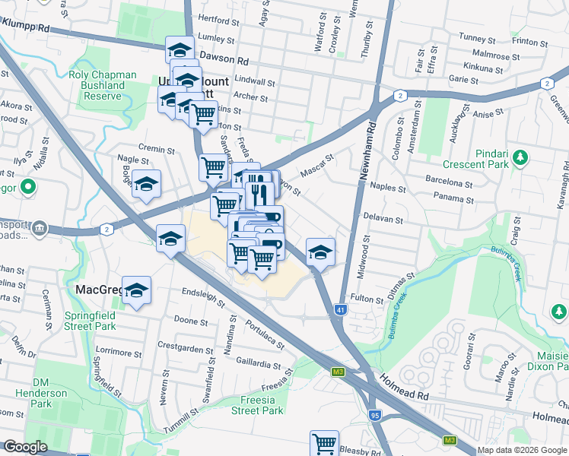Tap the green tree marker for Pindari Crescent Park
click(x=520, y=158)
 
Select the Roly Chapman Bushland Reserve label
click(x=102, y=86)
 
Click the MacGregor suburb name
click(x=100, y=290)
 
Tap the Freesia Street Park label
click(x=256, y=405)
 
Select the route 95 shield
click(x=375, y=415)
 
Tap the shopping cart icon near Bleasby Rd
click(x=324, y=442)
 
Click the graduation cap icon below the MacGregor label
click(x=137, y=290)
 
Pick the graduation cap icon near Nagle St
click(x=146, y=184)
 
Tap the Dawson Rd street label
click(x=230, y=60)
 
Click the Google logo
click(x=25, y=447)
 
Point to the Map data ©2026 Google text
click(x=521, y=450)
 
